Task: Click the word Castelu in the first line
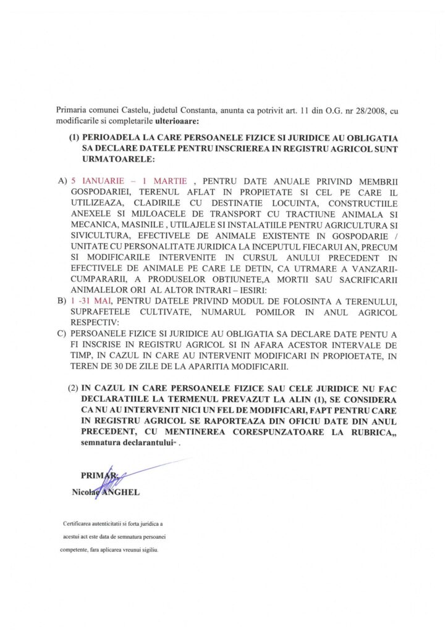[x=138, y=110]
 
